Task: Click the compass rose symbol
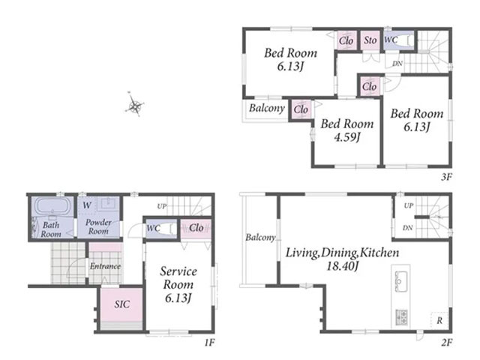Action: click(135, 105)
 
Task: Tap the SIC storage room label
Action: click(122, 304)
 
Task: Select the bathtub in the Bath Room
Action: click(52, 207)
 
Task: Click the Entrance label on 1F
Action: click(105, 266)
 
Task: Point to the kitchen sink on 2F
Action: click(400, 281)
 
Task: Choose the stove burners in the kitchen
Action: click(402, 316)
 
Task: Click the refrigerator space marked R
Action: click(439, 320)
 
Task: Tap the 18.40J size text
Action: click(343, 265)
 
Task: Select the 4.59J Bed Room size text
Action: click(346, 136)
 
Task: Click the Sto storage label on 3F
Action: click(370, 40)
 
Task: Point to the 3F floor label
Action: click(447, 177)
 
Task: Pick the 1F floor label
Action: click(209, 342)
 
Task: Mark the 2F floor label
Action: click(447, 342)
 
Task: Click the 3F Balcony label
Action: click(267, 108)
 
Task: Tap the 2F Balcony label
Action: click(260, 237)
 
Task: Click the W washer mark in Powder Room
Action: click(87, 205)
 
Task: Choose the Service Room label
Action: click(178, 277)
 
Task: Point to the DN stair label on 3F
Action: click(397, 63)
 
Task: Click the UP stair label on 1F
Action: click(162, 206)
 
